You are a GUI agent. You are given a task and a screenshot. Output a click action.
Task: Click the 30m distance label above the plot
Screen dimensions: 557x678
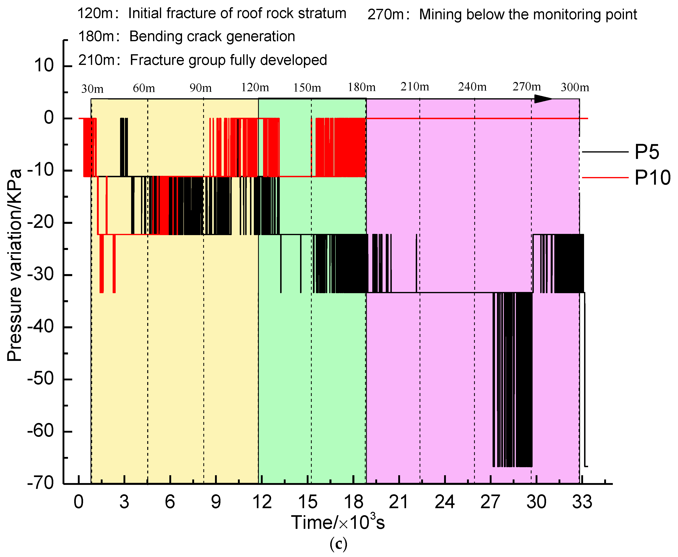pyautogui.click(x=92, y=89)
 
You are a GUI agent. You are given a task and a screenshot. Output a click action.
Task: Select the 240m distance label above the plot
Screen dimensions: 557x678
pyautogui.click(x=472, y=87)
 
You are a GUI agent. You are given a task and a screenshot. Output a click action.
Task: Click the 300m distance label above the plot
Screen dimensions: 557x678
pyautogui.click(x=575, y=87)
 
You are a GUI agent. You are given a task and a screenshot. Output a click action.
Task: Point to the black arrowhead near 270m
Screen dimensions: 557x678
pyautogui.click(x=543, y=99)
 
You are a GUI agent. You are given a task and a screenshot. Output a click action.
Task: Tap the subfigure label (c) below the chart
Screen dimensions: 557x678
pyautogui.click(x=338, y=544)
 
